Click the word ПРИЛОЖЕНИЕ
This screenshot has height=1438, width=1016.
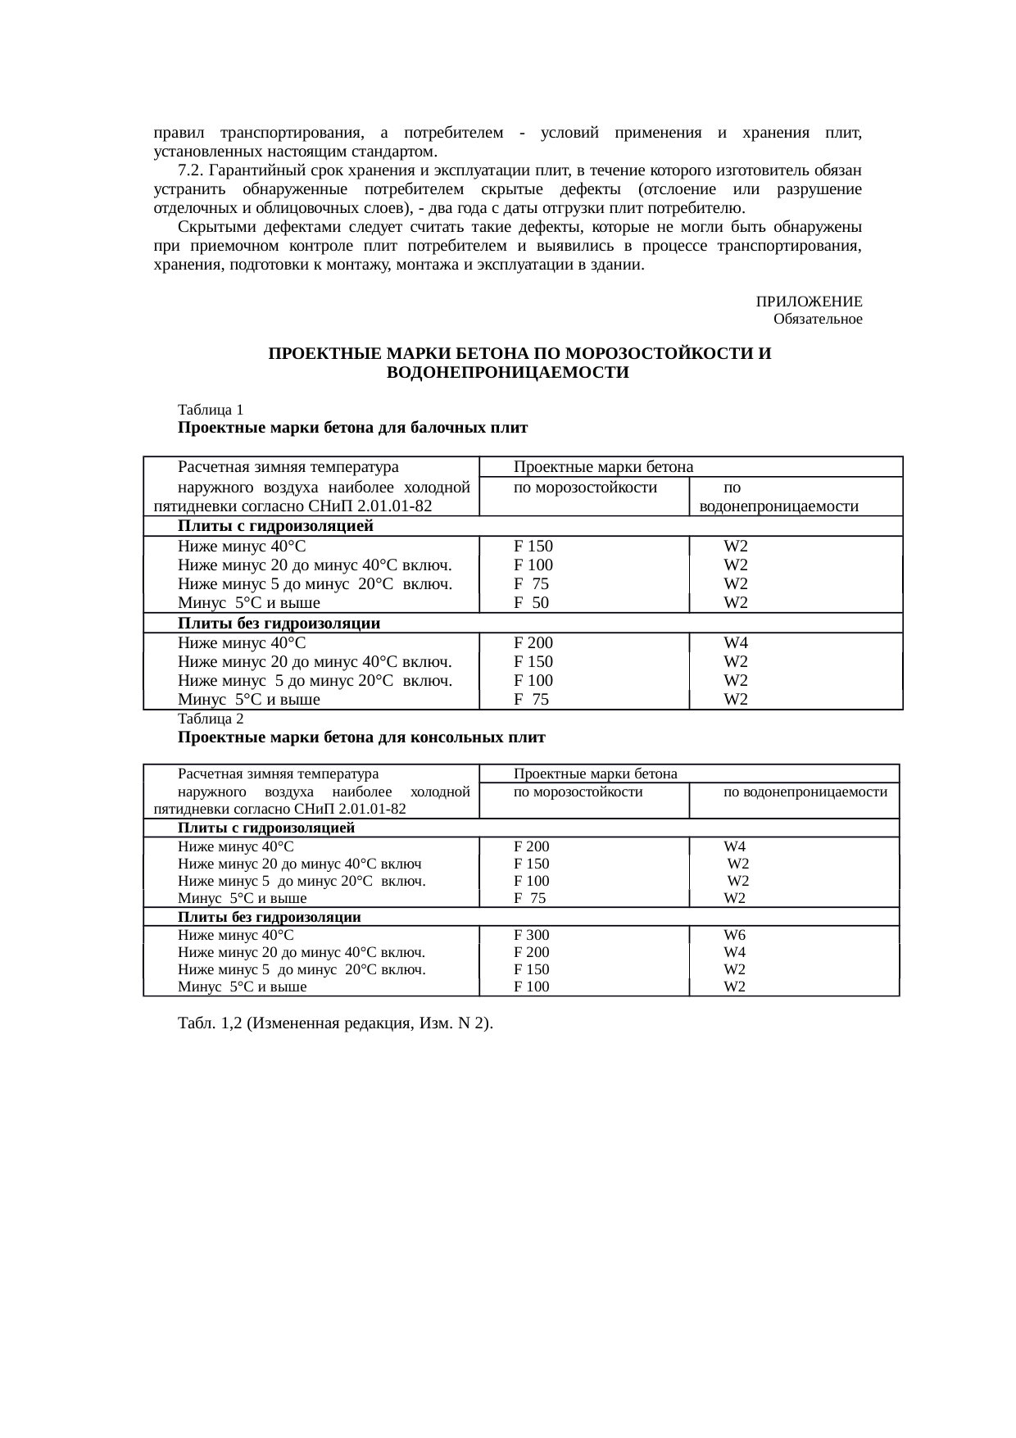point(808,302)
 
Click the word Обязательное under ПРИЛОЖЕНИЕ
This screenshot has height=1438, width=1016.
point(817,319)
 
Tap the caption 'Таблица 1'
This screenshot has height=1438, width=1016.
point(211,410)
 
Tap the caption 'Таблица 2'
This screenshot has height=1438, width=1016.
point(211,719)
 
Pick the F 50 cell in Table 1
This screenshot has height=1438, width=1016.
point(531,603)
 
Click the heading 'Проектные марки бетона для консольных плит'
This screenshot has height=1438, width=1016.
point(361,737)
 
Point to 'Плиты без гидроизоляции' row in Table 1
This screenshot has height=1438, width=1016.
point(279,624)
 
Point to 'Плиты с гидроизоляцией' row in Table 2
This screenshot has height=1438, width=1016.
point(266,828)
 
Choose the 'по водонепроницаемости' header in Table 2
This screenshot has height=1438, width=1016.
point(805,792)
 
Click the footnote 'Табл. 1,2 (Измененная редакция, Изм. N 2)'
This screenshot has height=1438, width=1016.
point(335,1023)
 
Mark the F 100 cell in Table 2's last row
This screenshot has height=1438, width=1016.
point(531,987)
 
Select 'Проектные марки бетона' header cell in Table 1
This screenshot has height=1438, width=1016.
point(603,467)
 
